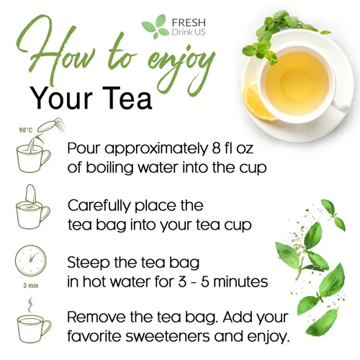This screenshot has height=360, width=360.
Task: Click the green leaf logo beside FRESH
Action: click(153, 26)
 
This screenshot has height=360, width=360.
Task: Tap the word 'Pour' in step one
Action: click(84, 148)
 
